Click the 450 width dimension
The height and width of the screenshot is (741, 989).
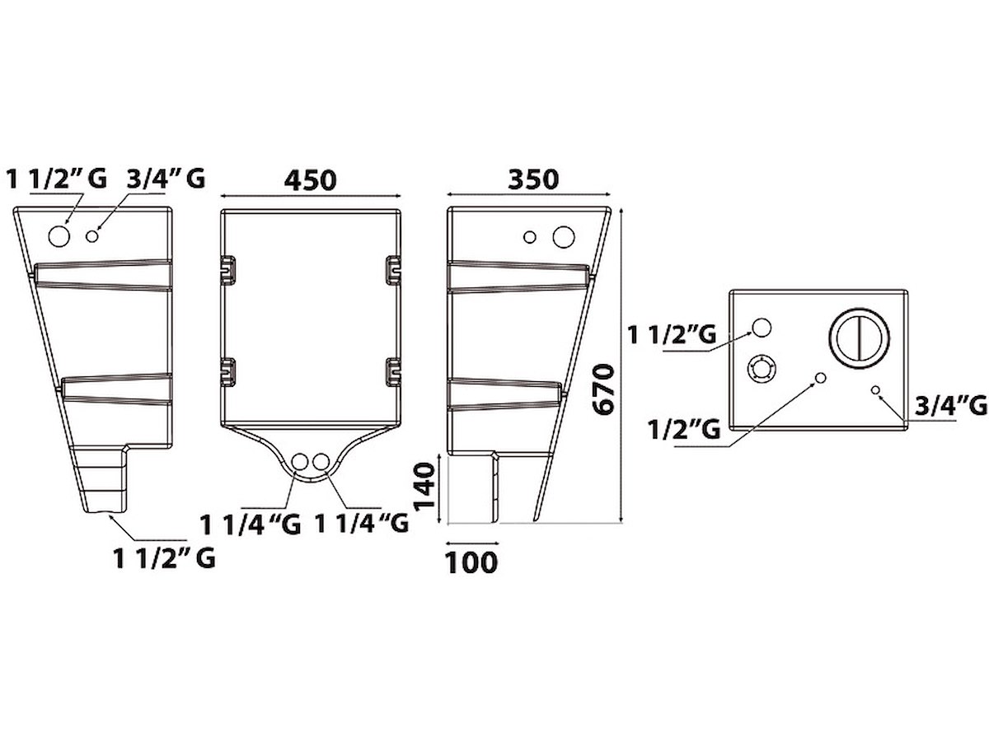pyautogui.click(x=310, y=180)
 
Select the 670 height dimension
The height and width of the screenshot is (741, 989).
pyautogui.click(x=603, y=389)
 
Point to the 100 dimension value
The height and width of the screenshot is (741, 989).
pyautogui.click(x=471, y=562)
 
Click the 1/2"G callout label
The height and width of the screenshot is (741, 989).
pyautogui.click(x=684, y=429)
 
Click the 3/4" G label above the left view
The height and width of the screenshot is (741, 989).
pyautogui.click(x=166, y=178)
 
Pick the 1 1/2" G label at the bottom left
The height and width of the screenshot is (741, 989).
pyautogui.click(x=164, y=558)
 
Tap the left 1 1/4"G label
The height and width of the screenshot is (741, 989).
pyautogui.click(x=250, y=524)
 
